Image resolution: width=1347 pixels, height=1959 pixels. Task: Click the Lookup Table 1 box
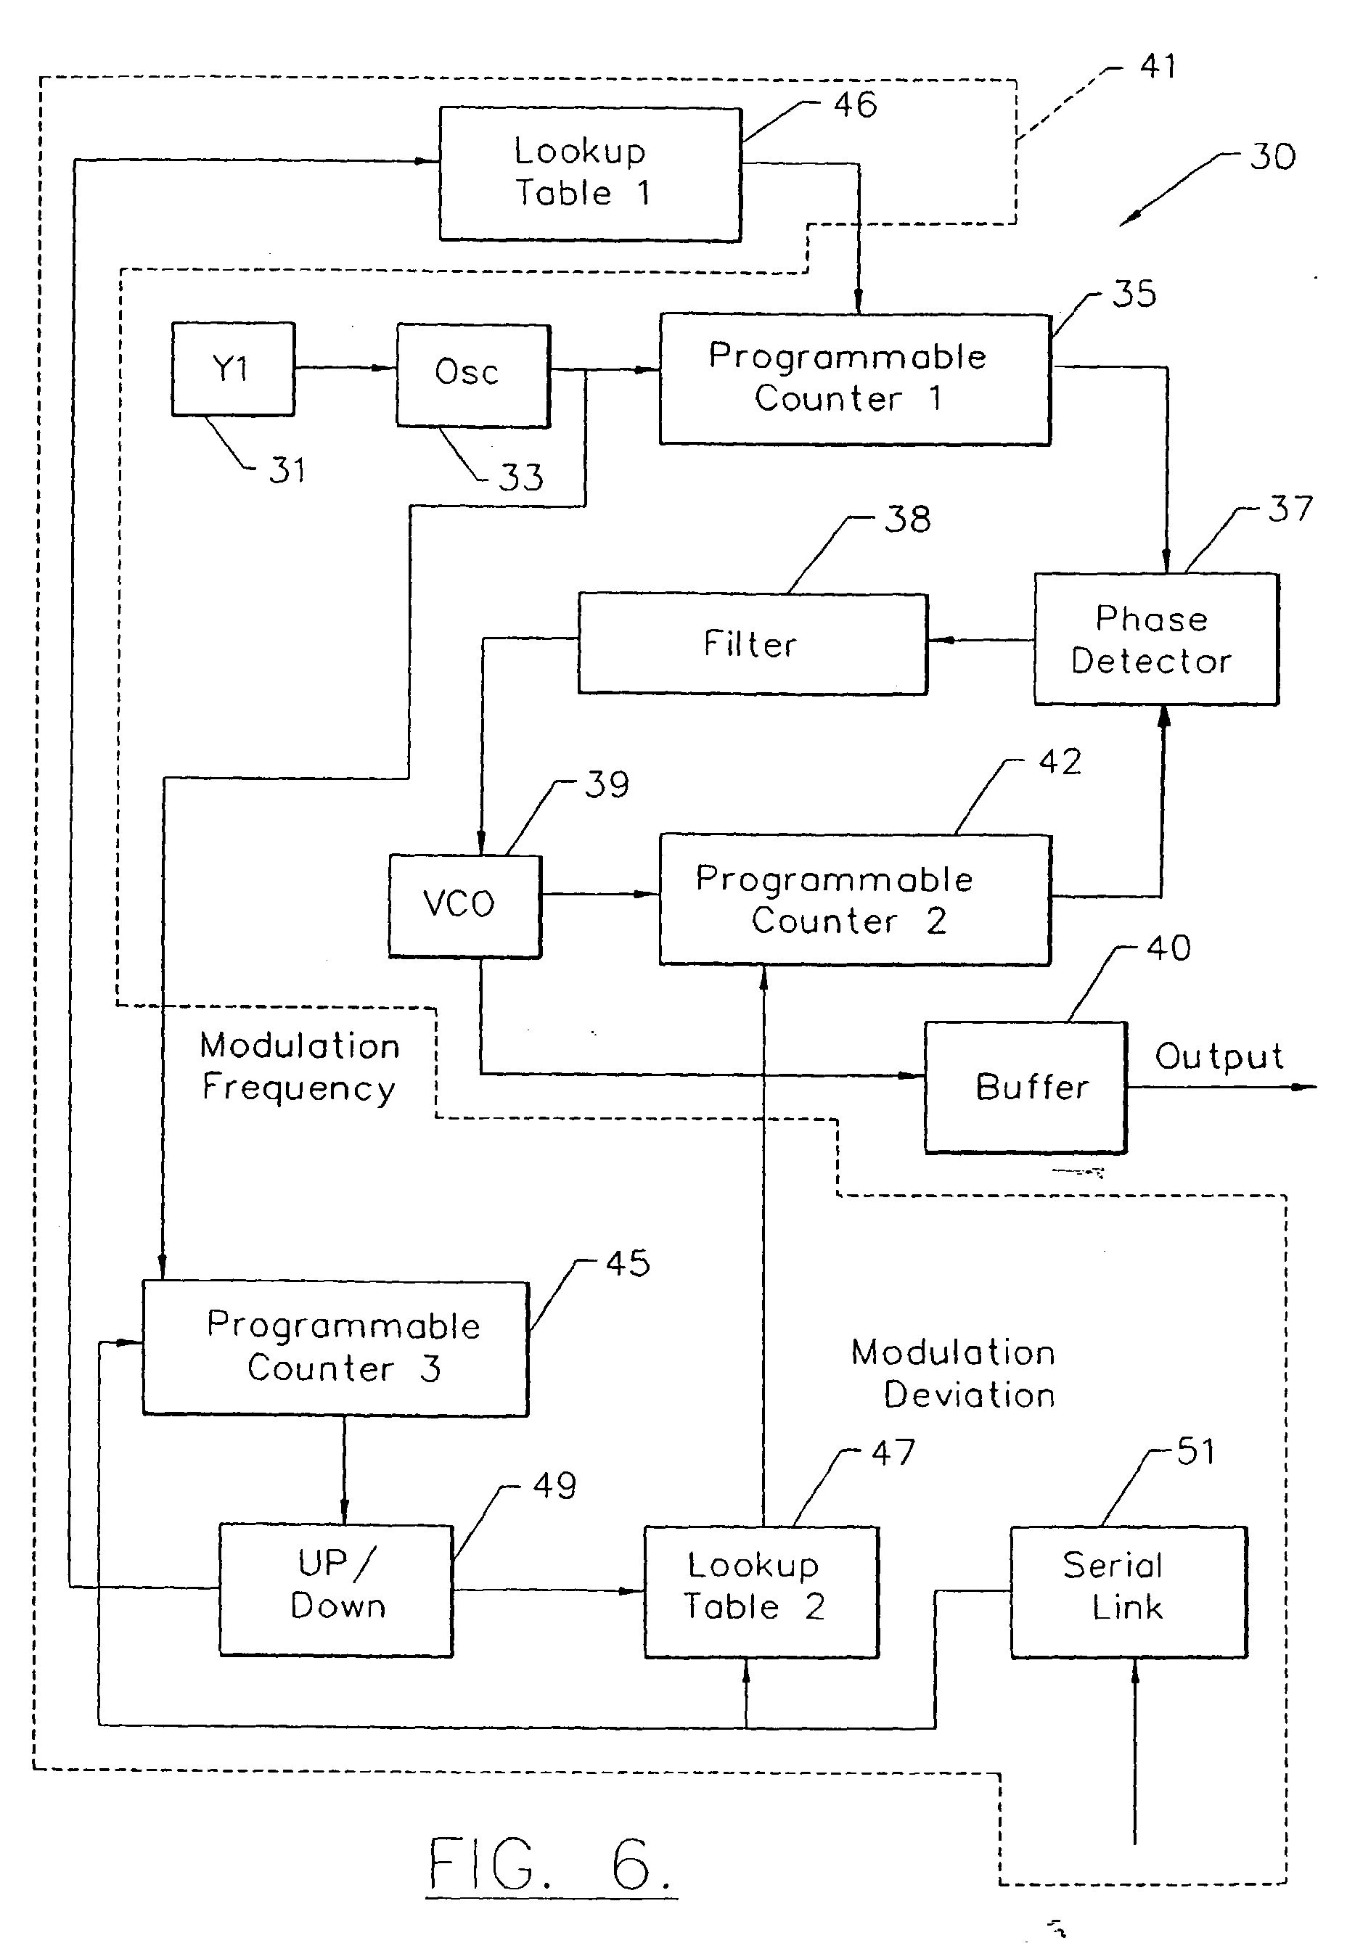click(x=590, y=174)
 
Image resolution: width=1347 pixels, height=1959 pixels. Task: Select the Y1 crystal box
click(x=233, y=369)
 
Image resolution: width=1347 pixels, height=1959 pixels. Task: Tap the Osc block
click(x=472, y=374)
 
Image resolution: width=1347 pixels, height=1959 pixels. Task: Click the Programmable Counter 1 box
click(x=854, y=379)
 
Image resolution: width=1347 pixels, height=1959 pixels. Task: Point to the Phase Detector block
click(x=1156, y=639)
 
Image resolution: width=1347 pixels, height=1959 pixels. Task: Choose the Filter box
click(x=752, y=644)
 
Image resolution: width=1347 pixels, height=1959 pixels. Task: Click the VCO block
click(x=464, y=905)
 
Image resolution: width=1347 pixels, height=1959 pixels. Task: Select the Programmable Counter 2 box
click(x=854, y=900)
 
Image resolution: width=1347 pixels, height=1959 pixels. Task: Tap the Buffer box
click(x=1025, y=1087)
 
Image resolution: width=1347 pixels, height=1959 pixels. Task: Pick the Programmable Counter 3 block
click(x=335, y=1347)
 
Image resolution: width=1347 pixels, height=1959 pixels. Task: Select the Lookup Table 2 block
click(x=761, y=1591)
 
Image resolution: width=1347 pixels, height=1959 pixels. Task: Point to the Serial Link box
click(x=1129, y=1591)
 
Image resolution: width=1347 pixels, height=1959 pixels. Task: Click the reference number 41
click(x=1157, y=66)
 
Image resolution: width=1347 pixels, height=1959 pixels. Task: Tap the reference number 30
click(x=1272, y=157)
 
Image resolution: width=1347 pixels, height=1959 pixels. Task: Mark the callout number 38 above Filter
click(x=907, y=519)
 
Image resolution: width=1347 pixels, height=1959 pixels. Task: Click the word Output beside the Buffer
click(x=1219, y=1056)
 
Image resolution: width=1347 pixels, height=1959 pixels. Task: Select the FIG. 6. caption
click(x=550, y=1864)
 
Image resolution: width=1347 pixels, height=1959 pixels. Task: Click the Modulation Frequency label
click(x=300, y=1067)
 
